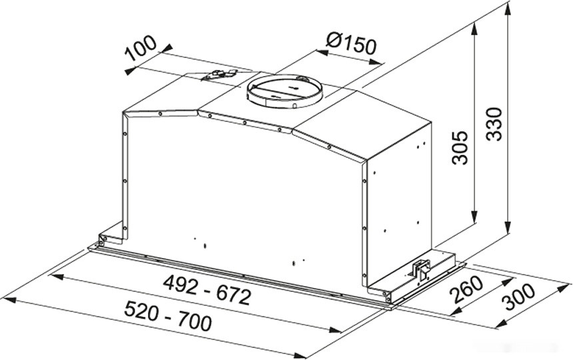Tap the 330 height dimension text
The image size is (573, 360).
coord(494,124)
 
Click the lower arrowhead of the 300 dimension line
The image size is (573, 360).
coord(500,325)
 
